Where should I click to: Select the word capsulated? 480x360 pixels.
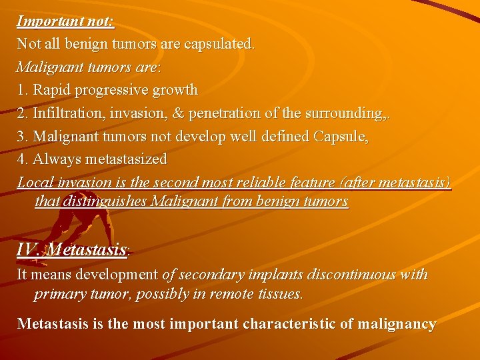pos(220,44)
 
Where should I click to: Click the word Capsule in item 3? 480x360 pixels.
pos(341,136)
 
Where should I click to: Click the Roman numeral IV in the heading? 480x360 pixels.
pos(28,250)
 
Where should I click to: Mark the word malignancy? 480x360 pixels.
pos(397,325)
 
